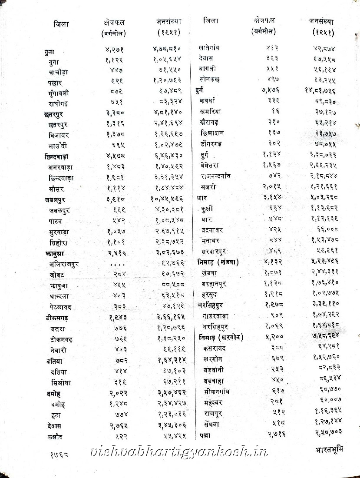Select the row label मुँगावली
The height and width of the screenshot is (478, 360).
point(59,93)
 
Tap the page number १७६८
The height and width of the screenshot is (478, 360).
point(59,455)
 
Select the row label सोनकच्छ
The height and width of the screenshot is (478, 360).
point(211,79)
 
